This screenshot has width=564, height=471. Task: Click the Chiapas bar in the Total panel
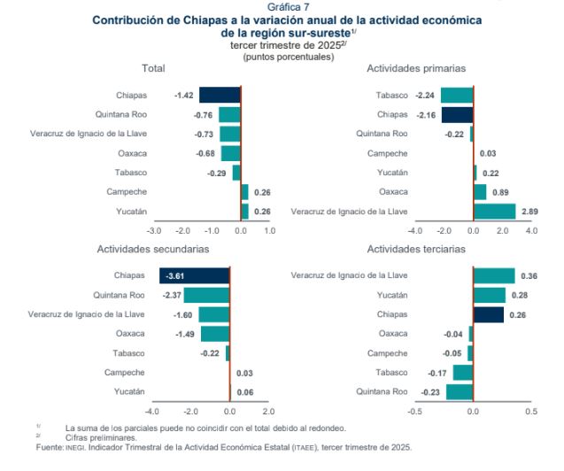[x=220, y=95]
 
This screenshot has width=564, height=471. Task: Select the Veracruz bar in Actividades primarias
[x=494, y=211]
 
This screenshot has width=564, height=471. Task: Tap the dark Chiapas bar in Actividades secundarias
[x=194, y=275]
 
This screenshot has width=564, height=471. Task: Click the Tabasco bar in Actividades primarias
[x=457, y=95]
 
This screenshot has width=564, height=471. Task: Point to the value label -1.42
[x=184, y=95]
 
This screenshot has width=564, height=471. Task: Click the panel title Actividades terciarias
[x=416, y=250]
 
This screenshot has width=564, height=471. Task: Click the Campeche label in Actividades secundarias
[x=125, y=372]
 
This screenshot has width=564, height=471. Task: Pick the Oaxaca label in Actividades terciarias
[x=393, y=334]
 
